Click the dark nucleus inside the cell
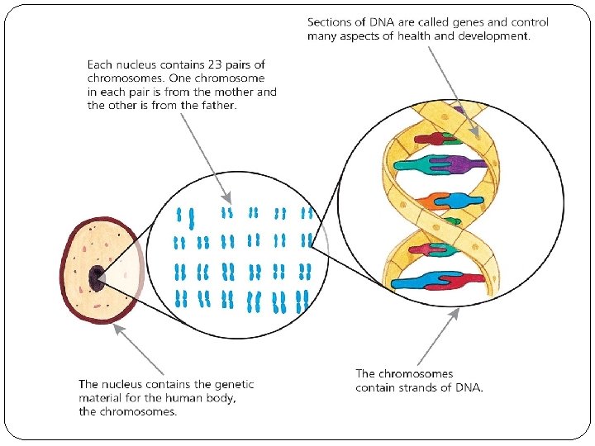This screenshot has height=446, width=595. tap(98, 278)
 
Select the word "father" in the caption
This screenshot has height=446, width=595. tap(211, 106)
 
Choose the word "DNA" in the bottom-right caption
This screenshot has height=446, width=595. tap(469, 387)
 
